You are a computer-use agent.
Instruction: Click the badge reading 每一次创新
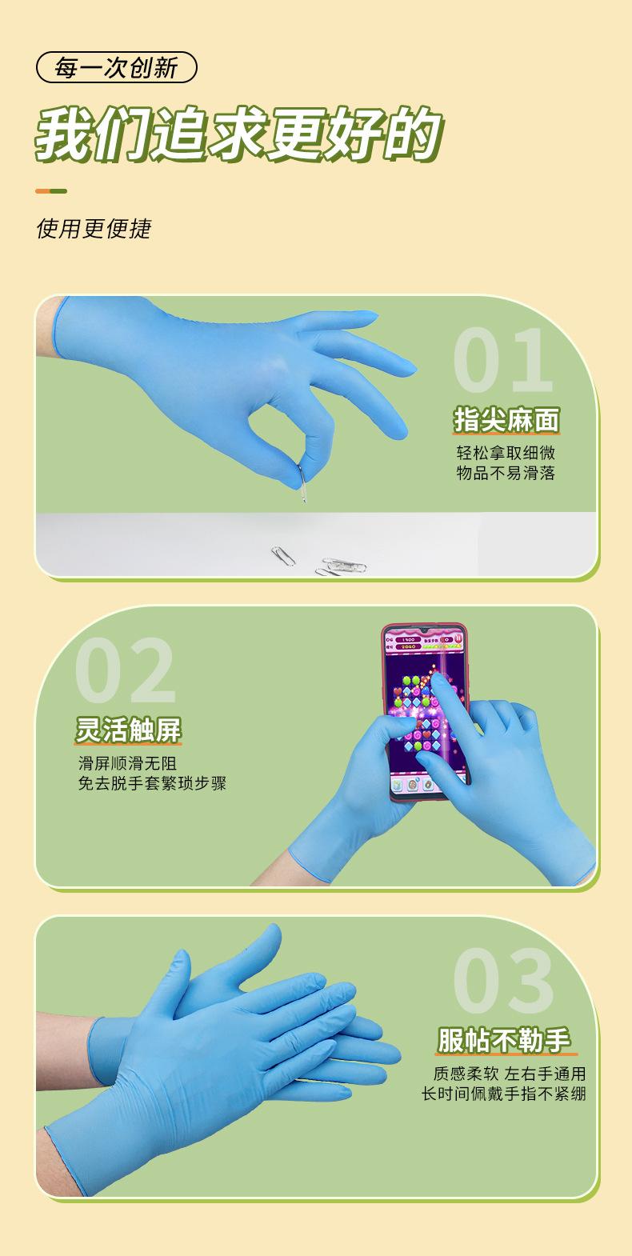tap(116, 68)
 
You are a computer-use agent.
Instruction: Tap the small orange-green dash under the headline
tap(51, 191)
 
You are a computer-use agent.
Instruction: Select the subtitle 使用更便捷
tap(94, 229)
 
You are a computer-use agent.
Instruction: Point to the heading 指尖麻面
tap(506, 419)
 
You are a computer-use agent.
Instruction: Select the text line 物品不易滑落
tap(505, 473)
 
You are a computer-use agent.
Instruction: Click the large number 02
tap(126, 670)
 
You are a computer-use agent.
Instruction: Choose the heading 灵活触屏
tap(129, 730)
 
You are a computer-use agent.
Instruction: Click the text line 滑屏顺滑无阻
tap(127, 762)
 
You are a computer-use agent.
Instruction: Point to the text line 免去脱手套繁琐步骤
tap(152, 783)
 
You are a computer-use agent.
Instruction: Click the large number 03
tap(503, 981)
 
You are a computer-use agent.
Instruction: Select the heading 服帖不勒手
tap(505, 1041)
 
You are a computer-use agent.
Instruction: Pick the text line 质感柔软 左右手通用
tap(509, 1074)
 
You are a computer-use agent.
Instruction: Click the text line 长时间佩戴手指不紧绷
tap(504, 1094)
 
